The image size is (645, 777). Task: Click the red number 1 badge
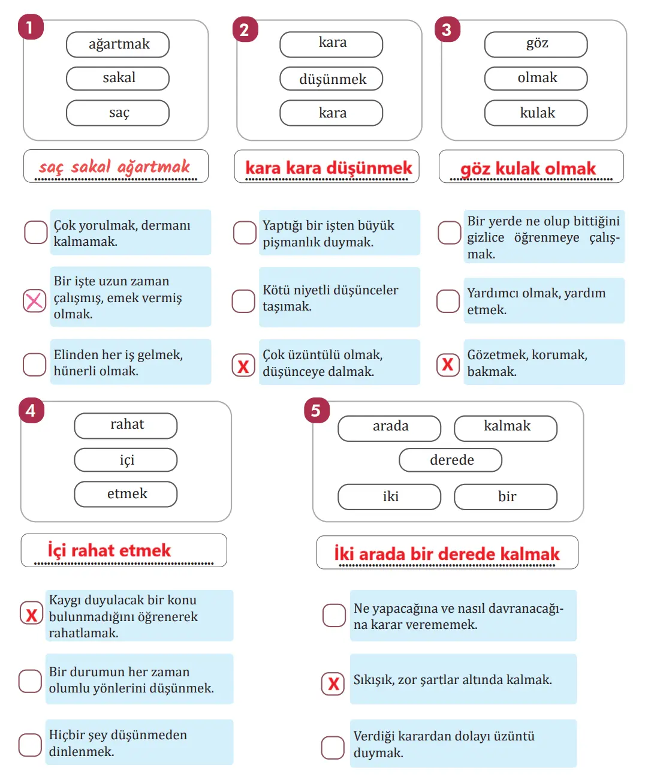30,28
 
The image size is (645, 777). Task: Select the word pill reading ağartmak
118,44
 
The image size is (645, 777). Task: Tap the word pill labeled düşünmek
331,79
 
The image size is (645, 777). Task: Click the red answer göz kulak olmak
528,168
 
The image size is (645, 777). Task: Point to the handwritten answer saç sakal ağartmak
114,167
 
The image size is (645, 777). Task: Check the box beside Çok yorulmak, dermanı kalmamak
35,233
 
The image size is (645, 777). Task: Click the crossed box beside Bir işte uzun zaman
34,300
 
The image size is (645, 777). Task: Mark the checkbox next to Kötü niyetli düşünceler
243,301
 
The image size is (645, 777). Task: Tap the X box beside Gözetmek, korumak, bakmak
448,365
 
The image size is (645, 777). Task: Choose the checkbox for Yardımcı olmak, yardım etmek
448,301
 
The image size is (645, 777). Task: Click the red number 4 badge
31,411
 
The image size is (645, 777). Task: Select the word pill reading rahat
126,425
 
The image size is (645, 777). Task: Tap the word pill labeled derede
451,460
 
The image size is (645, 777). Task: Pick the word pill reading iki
390,496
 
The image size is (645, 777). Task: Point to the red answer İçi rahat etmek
109,550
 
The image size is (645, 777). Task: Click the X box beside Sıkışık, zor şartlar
333,683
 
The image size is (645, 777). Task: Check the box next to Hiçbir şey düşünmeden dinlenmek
30,745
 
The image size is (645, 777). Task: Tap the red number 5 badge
317,411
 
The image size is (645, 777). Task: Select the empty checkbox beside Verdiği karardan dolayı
333,747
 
